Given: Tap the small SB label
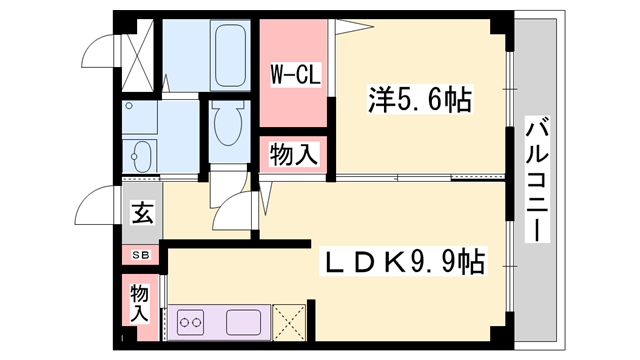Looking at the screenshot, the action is (142, 256).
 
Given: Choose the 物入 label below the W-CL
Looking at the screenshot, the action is (294, 155).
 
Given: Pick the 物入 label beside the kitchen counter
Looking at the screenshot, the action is (141, 302).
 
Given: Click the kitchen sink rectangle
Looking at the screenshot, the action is (245, 322).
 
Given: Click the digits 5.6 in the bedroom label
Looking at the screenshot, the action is (421, 101).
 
